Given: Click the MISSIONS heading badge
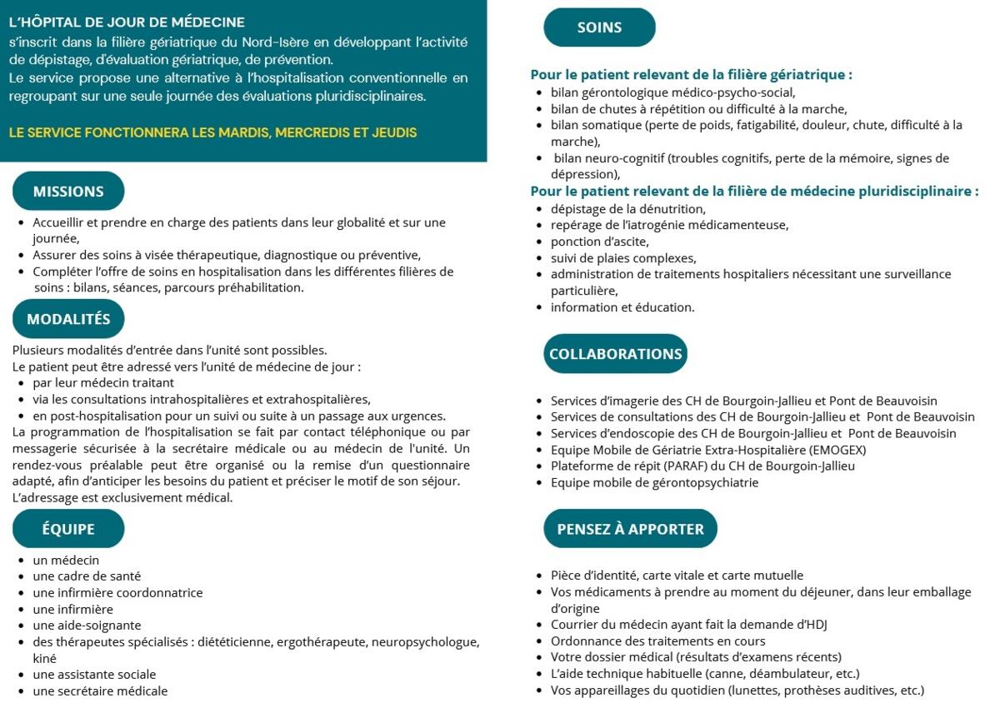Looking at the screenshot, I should [x=68, y=192].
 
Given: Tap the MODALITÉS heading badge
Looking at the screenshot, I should [x=68, y=319].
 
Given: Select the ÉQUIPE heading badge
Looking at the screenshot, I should [x=68, y=529].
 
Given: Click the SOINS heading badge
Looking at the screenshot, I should [x=599, y=27].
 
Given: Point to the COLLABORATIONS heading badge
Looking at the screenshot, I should [x=615, y=354].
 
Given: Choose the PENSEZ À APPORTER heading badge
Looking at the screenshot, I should [x=630, y=529].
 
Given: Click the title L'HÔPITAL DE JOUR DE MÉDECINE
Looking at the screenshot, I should [x=127, y=22].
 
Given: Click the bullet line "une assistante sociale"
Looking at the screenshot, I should [x=94, y=674].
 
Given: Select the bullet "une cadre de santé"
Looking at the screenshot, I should [x=87, y=576].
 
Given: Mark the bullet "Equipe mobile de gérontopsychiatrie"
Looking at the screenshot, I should [x=654, y=482].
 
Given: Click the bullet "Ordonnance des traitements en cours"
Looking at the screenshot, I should [x=657, y=641].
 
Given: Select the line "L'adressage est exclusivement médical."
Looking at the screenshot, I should [x=122, y=498].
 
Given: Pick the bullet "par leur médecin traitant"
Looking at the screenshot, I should [x=103, y=382].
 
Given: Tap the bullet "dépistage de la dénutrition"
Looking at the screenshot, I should [x=627, y=209].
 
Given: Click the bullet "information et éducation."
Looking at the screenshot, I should [x=622, y=307].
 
